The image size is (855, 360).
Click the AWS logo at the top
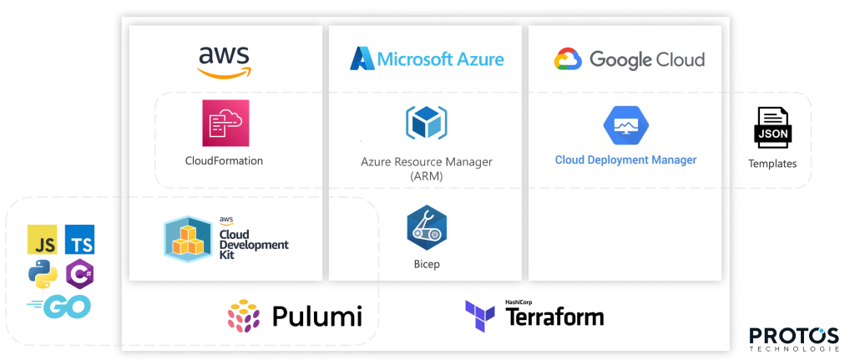[224, 61]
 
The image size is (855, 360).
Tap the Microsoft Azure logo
[427, 59]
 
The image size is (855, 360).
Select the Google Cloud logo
[630, 59]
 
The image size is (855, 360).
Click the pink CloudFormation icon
[225, 123]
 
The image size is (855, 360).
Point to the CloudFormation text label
[224, 160]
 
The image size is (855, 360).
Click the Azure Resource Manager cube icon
[426, 123]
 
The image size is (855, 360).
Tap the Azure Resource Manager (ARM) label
[427, 169]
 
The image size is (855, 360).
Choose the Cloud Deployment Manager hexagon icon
[626, 125]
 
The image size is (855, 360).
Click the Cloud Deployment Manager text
[625, 160]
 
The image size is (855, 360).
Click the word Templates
[772, 164]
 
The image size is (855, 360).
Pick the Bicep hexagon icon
[427, 227]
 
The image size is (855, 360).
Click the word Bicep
[427, 265]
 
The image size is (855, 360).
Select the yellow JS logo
[43, 239]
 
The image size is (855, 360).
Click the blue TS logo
[80, 239]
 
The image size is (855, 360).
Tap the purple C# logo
[80, 273]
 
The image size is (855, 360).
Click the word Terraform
[554, 317]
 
